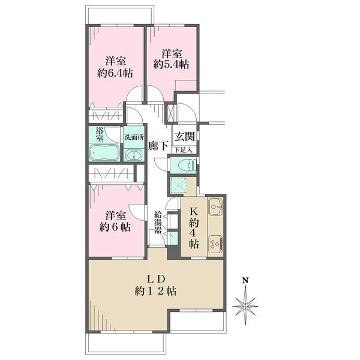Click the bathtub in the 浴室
click(104, 152)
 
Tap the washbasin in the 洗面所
click(134, 155)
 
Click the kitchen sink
click(215, 206)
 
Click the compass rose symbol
click(245, 306)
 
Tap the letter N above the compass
click(245, 280)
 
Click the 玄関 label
click(185, 136)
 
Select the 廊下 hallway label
click(158, 145)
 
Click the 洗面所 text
click(134, 137)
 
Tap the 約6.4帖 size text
click(115, 73)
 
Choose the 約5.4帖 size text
click(171, 65)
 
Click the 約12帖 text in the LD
click(155, 292)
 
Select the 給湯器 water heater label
click(158, 222)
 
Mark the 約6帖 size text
click(115, 227)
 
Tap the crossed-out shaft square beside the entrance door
click(171, 113)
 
